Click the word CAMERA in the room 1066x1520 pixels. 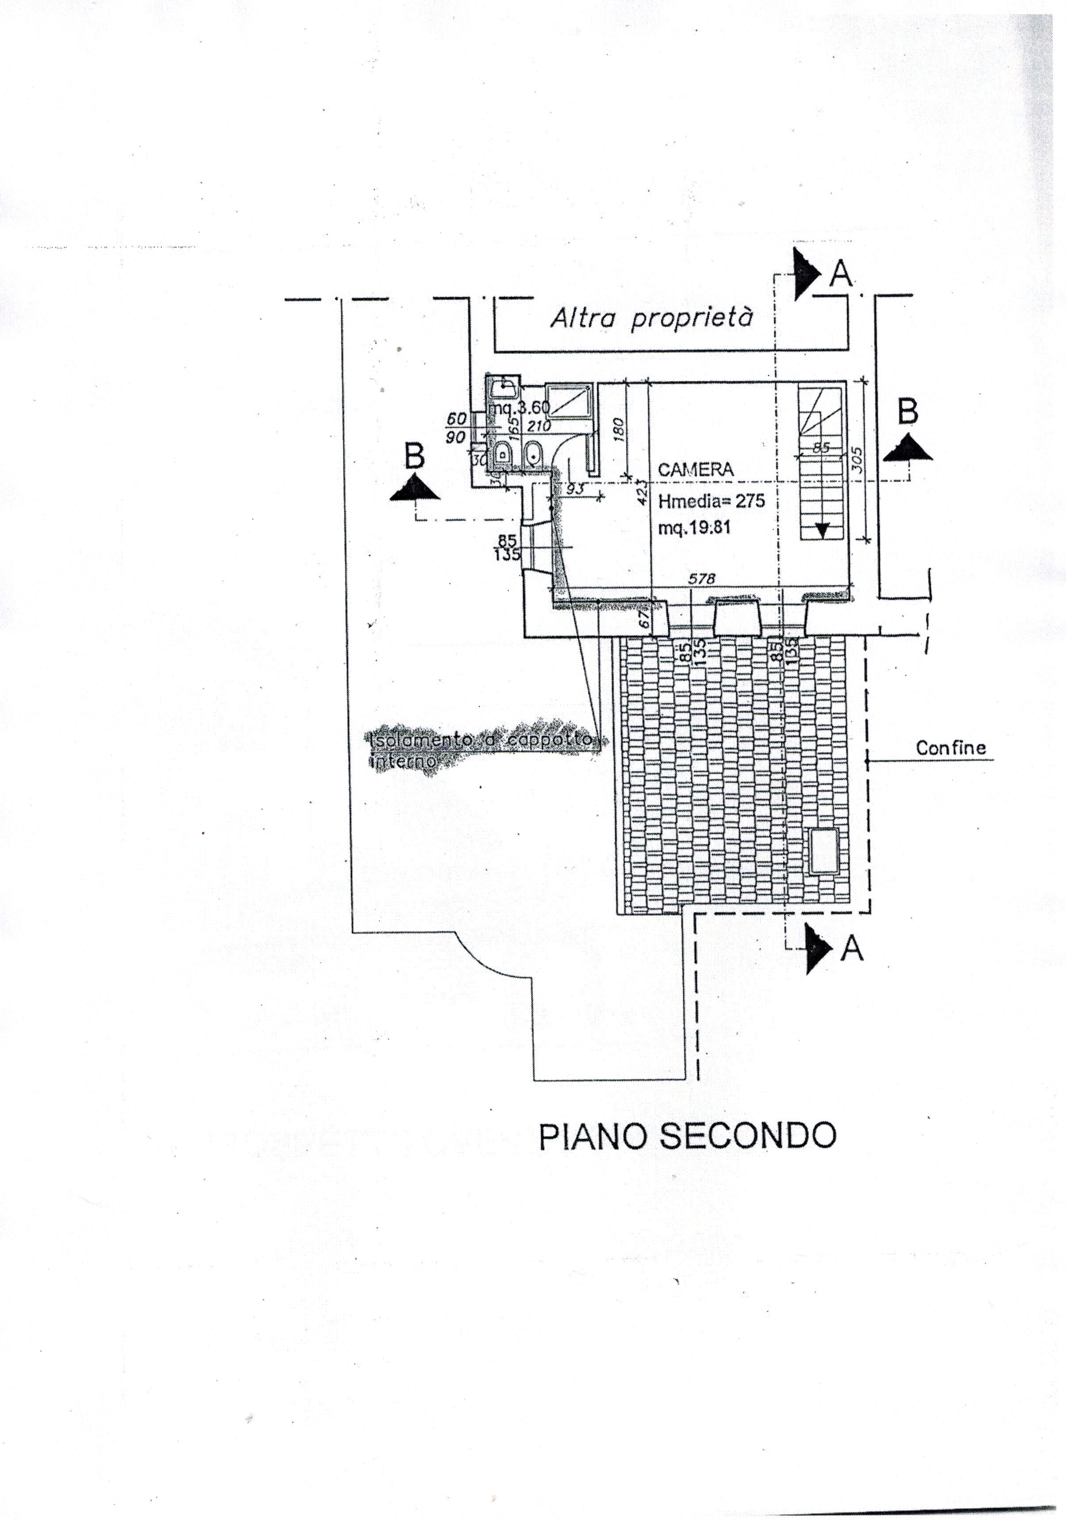point(695,470)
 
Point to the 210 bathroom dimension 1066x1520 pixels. point(539,427)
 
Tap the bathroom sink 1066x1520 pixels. point(505,384)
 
